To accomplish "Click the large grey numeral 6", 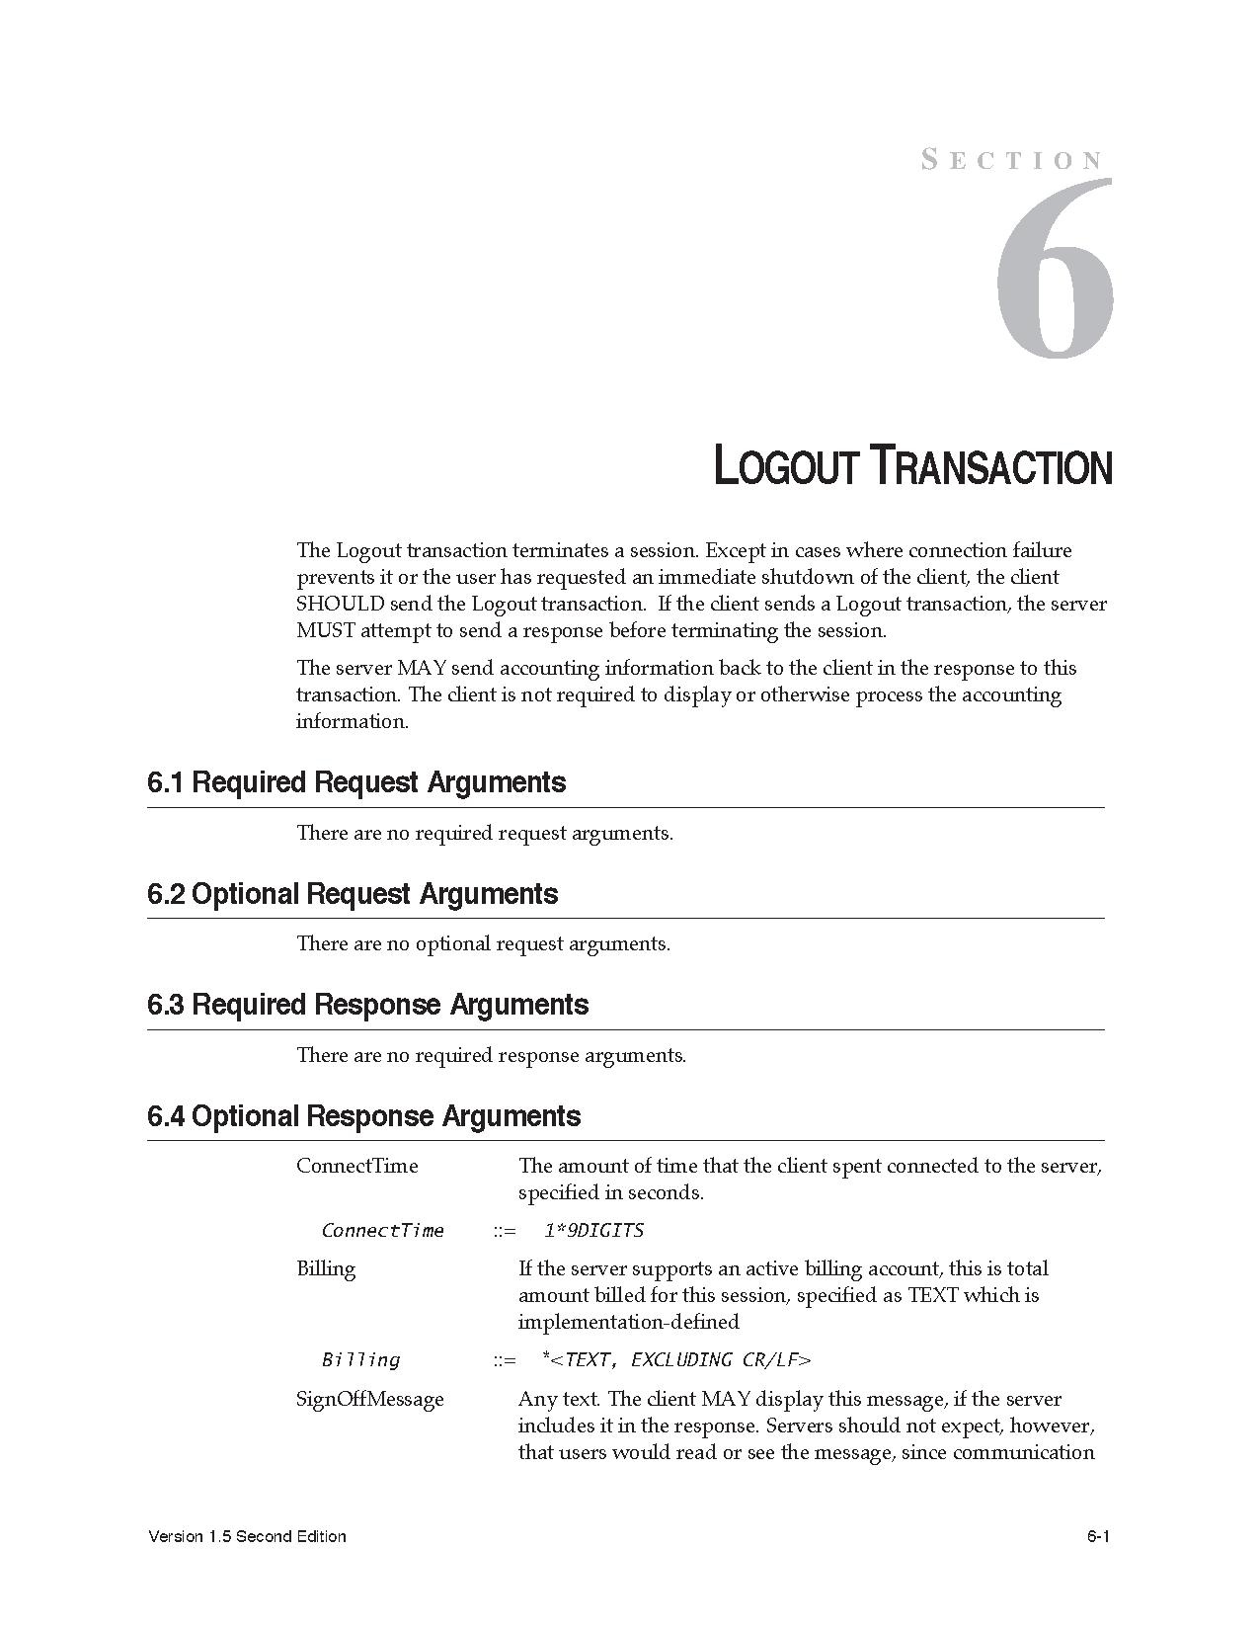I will (x=1055, y=269).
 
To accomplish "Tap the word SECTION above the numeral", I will (x=1012, y=160).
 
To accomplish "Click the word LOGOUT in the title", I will (x=784, y=466).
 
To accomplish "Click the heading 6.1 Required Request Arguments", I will (x=356, y=782).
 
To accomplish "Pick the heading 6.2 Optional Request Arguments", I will (x=353, y=894).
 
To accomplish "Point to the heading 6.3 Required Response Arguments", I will (x=367, y=1005).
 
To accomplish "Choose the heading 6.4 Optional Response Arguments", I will (x=363, y=1116).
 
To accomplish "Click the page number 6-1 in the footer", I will (x=1099, y=1536).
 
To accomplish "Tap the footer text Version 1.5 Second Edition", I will (x=247, y=1536).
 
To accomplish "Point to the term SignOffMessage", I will (x=369, y=1399).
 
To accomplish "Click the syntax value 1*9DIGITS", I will (x=593, y=1230).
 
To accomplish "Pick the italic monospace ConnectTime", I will (x=382, y=1230).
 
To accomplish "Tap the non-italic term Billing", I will (x=326, y=1268).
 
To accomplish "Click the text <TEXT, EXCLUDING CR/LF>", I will (x=680, y=1360).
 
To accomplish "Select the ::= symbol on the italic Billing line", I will (x=505, y=1360).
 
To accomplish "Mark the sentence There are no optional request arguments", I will (x=483, y=943).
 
